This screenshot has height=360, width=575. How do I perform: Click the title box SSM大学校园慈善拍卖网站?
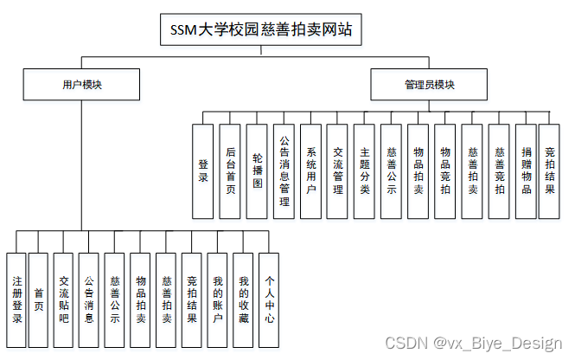click(x=258, y=30)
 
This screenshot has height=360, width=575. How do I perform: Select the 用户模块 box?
click(x=82, y=85)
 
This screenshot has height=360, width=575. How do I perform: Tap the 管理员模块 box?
click(x=429, y=85)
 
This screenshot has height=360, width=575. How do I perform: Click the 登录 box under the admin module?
click(x=203, y=170)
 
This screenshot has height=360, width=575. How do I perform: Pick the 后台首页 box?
click(x=229, y=170)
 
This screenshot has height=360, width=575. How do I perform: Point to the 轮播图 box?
click(x=257, y=170)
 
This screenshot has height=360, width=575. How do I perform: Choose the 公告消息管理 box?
click(x=284, y=170)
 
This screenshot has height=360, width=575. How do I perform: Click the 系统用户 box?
click(x=310, y=170)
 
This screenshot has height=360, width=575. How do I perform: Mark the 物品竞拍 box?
click(x=444, y=170)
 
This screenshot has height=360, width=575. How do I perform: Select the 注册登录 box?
click(x=16, y=299)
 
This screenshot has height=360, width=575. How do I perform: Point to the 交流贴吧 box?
click(x=63, y=299)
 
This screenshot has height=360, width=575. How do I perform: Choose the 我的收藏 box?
click(x=244, y=299)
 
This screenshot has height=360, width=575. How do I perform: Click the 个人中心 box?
click(x=270, y=299)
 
